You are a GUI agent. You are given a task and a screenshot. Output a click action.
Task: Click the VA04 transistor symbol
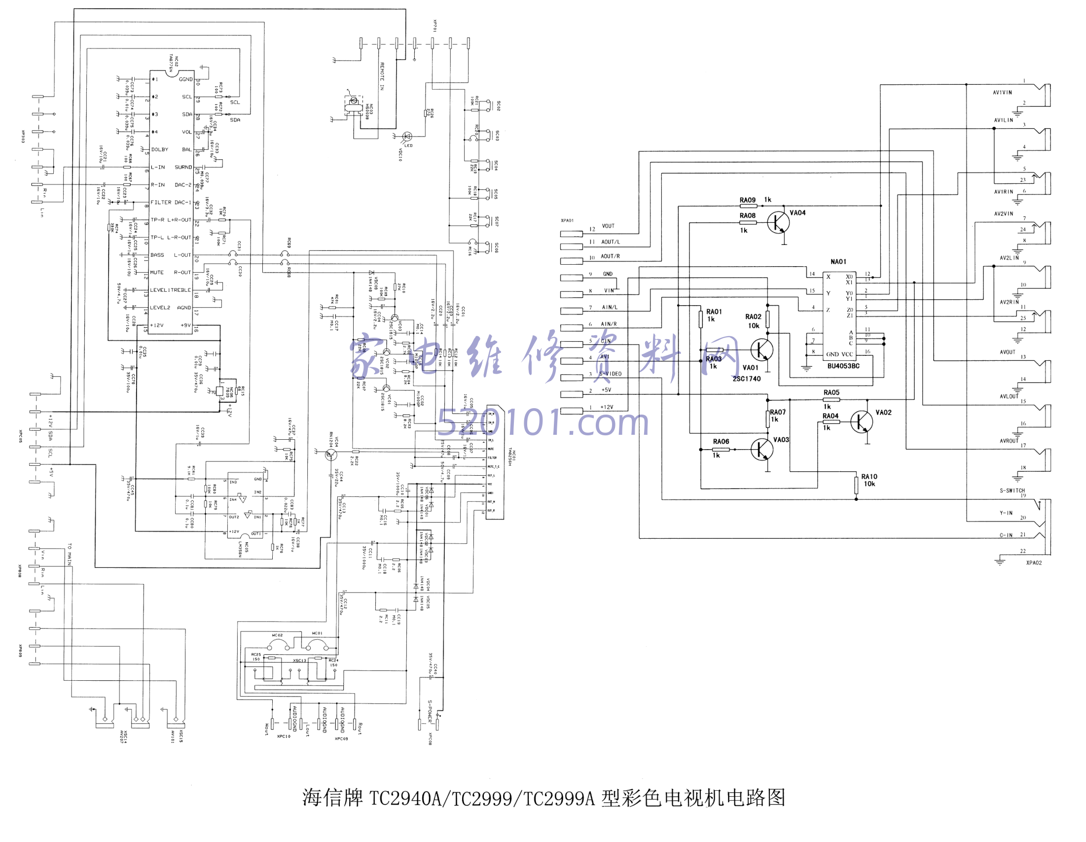pyautogui.click(x=778, y=222)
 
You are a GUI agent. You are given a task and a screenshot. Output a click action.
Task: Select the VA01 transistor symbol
pyautogui.click(x=761, y=350)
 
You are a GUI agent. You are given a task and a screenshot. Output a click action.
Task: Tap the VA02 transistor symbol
pyautogui.click(x=861, y=422)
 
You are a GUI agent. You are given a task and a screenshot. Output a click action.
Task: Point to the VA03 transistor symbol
pyautogui.click(x=761, y=449)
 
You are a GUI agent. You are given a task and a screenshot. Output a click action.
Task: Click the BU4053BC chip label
pyautogui.click(x=843, y=366)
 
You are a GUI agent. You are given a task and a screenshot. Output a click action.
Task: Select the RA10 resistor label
pyautogui.click(x=869, y=476)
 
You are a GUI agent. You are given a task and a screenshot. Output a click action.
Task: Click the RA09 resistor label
pyautogui.click(x=747, y=200)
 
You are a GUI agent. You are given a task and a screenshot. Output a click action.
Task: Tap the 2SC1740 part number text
pyautogui.click(x=746, y=379)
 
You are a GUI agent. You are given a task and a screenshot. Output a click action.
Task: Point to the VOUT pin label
pyautogui.click(x=608, y=226)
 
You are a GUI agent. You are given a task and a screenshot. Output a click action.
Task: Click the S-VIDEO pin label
pyautogui.click(x=610, y=374)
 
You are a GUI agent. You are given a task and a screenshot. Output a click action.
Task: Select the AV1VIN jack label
pyautogui.click(x=1002, y=93)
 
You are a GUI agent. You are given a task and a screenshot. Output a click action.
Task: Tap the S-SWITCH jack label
pyautogui.click(x=1012, y=491)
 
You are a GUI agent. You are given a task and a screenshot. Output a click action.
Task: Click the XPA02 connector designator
pyautogui.click(x=1034, y=562)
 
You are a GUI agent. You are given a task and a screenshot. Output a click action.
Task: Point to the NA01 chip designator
pyautogui.click(x=838, y=261)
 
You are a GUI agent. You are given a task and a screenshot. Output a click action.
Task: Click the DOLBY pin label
pyautogui.click(x=160, y=149)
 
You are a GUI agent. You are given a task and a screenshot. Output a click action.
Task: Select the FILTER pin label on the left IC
pyautogui.click(x=161, y=202)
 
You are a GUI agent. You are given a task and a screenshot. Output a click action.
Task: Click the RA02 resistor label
pyautogui.click(x=753, y=316)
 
